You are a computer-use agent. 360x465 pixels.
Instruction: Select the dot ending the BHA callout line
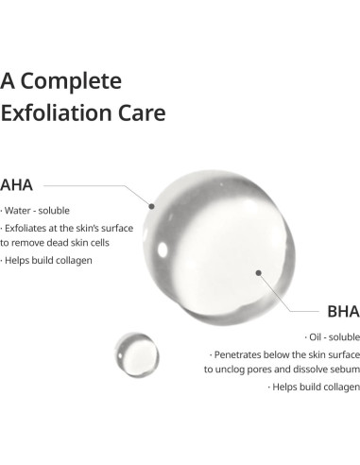(x=257, y=272)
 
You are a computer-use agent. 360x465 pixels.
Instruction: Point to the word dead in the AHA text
(x=62, y=244)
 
